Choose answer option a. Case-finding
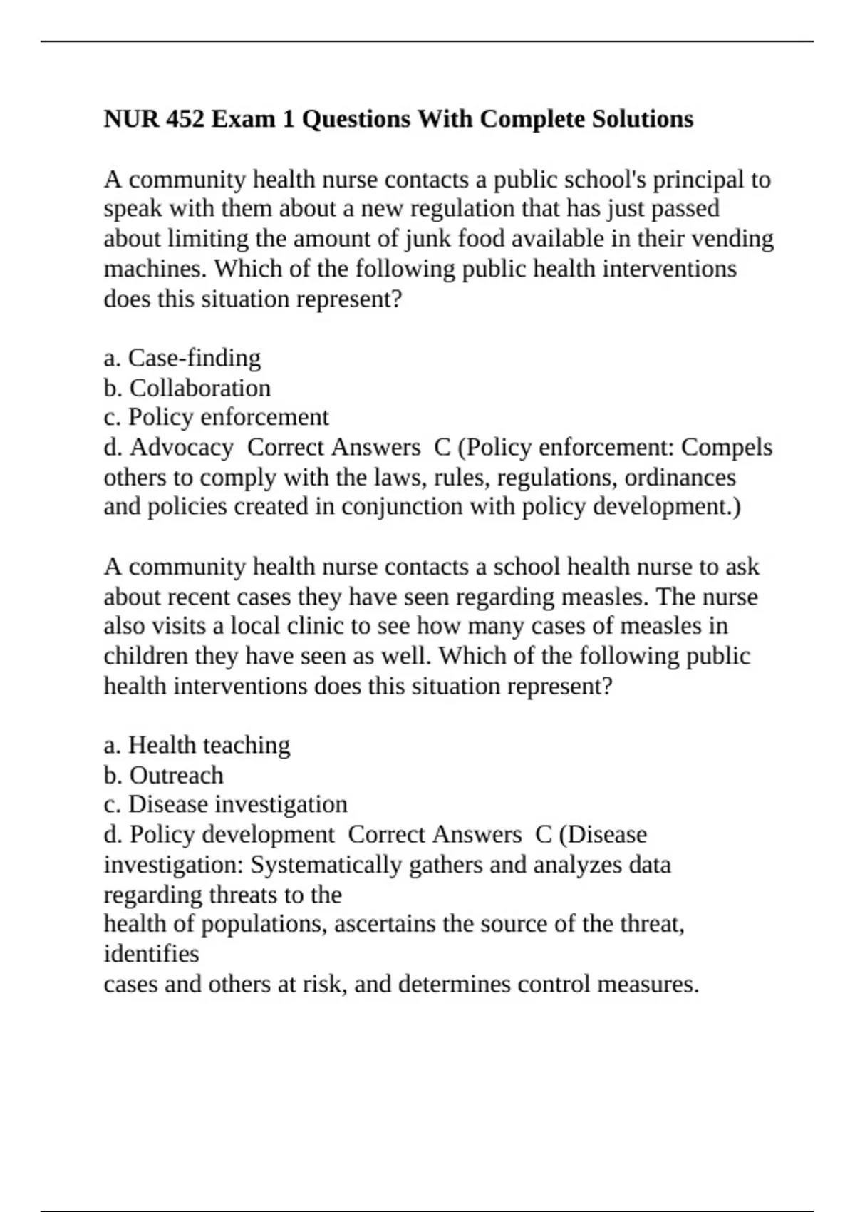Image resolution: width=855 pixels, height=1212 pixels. (x=182, y=357)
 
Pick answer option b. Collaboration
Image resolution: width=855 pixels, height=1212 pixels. (x=187, y=387)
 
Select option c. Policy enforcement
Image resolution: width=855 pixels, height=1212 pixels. (x=217, y=417)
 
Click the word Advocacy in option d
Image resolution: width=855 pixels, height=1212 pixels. (x=182, y=447)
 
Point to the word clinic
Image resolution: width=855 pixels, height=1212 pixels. (x=318, y=626)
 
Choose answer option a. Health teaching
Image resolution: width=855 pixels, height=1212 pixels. (x=197, y=745)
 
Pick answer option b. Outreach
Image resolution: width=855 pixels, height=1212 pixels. (x=164, y=775)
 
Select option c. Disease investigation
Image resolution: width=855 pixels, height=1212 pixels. (x=226, y=804)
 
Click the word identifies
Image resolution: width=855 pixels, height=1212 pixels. (x=151, y=954)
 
